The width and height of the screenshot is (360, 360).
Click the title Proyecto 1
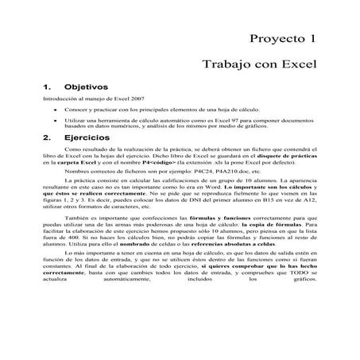282,37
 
